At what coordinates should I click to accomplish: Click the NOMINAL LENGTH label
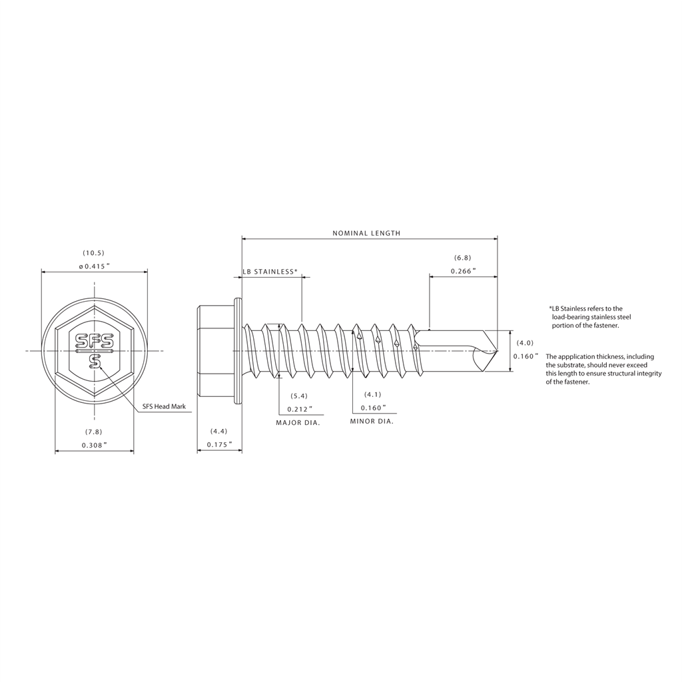(366, 234)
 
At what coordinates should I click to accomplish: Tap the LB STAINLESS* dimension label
(270, 272)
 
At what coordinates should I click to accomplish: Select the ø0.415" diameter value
(94, 266)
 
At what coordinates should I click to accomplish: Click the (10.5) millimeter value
(94, 253)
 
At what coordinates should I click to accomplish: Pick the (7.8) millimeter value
(94, 432)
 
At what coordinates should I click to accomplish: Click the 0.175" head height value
(219, 444)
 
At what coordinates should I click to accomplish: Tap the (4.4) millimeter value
(219, 432)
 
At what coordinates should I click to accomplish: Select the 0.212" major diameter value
(299, 409)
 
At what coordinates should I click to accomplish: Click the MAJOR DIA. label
(298, 422)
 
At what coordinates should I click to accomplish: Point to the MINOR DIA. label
(372, 422)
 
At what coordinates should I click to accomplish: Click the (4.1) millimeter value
(373, 395)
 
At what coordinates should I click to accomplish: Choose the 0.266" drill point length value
(463, 271)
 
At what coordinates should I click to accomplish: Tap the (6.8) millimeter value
(463, 258)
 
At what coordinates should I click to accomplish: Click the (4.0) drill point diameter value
(525, 343)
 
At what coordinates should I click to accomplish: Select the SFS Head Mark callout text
(164, 407)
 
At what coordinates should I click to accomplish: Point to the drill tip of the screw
(496, 350)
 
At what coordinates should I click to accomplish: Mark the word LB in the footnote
(555, 309)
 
